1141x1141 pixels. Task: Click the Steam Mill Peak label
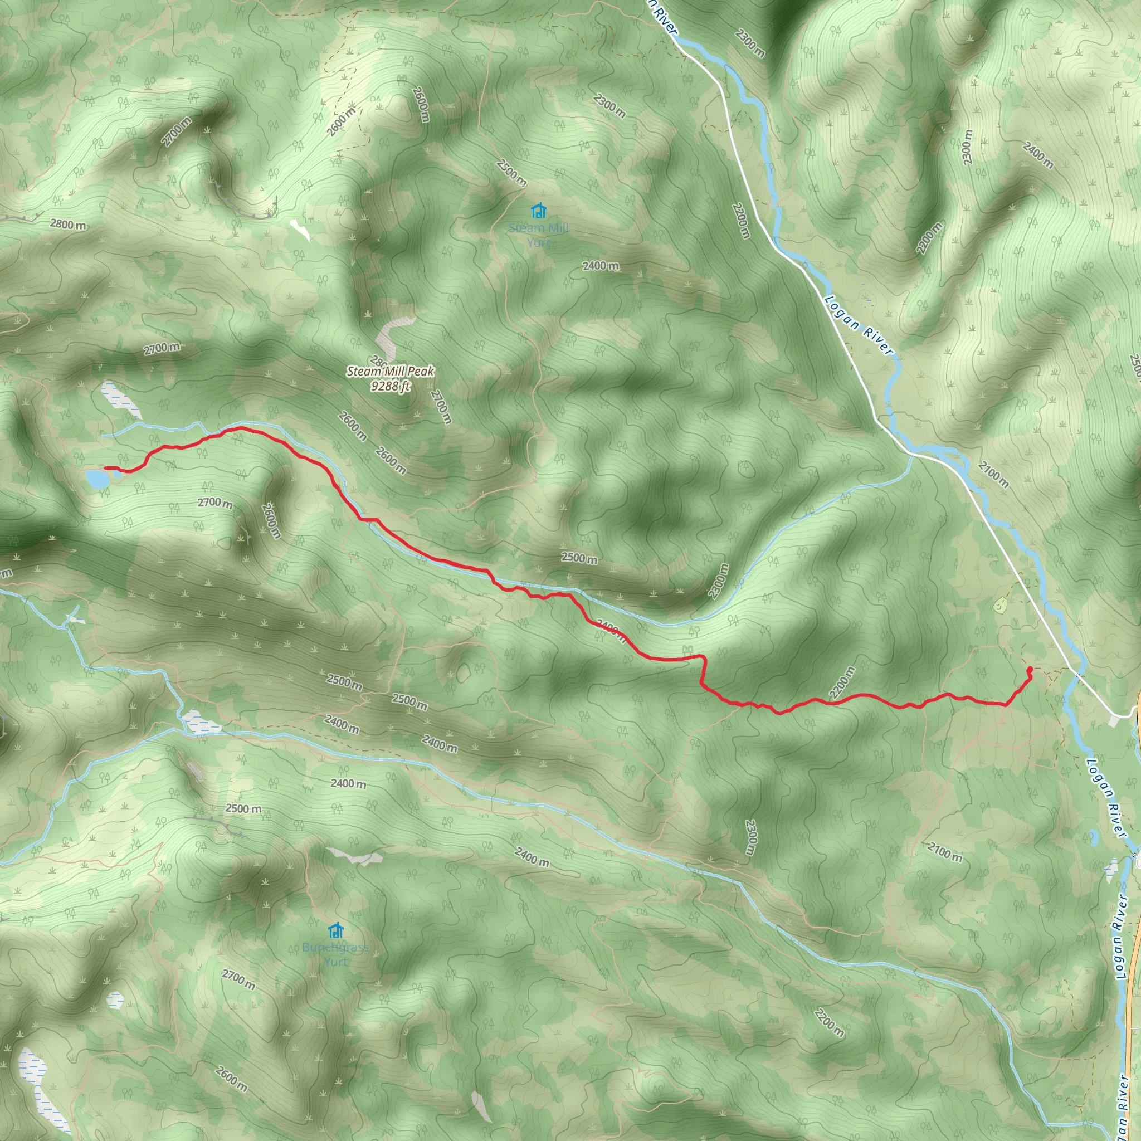[x=391, y=372]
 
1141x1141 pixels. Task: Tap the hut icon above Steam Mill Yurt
[x=538, y=210]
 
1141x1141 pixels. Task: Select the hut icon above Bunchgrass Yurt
[x=335, y=931]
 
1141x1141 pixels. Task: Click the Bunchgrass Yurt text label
[x=335, y=954]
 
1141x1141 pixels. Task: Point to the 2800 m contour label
[x=68, y=225]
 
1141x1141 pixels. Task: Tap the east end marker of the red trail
[x=1030, y=669]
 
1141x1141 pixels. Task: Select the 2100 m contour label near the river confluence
[x=993, y=474]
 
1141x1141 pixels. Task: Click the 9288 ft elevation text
[x=391, y=386]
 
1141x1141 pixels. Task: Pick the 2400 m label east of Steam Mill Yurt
[x=601, y=266]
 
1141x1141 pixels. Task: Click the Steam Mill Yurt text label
[x=538, y=235]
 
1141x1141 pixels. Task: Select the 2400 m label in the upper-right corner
[x=1037, y=155]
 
